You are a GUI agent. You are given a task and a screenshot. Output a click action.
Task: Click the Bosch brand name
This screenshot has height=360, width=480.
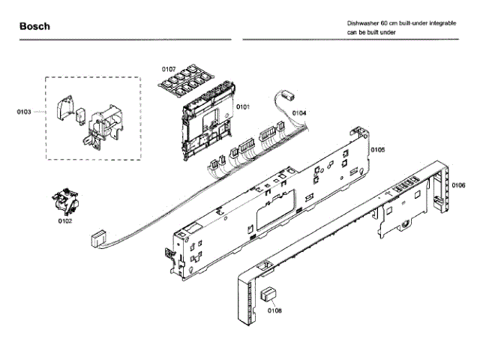click(x=34, y=26)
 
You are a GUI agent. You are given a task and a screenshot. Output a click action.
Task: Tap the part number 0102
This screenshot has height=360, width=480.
click(x=65, y=221)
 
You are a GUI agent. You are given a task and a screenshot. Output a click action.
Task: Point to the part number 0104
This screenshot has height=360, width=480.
click(x=298, y=113)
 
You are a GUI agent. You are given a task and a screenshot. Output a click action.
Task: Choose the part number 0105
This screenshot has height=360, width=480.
click(x=378, y=150)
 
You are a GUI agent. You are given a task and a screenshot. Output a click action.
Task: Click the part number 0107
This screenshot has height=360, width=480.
click(x=168, y=70)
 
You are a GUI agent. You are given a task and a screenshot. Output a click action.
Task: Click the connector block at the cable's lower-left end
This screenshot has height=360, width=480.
click(x=96, y=239)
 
